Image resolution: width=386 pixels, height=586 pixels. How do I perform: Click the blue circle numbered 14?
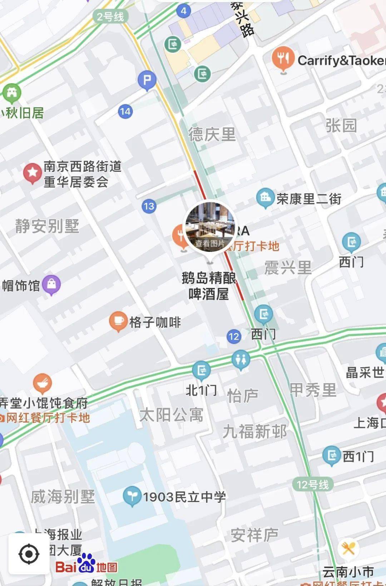[125, 111]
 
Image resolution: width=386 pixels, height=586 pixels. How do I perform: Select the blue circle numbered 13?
[149, 206]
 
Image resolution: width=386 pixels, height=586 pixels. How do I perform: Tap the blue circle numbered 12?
[234, 336]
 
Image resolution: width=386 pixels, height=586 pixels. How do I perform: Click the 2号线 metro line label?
[110, 16]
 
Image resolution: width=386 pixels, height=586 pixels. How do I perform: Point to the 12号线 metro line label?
[313, 485]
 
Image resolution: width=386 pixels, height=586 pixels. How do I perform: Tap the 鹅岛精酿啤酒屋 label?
[209, 285]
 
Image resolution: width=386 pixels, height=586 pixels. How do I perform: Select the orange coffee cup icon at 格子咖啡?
[118, 321]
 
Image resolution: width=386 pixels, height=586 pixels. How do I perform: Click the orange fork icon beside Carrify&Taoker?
[283, 59]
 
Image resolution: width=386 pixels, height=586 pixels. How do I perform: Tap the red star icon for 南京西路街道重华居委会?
[33, 173]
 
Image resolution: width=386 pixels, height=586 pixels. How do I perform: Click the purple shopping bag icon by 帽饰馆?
[51, 284]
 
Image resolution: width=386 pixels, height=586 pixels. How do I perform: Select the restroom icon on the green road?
[241, 359]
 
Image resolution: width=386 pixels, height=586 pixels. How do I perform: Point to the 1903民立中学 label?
[184, 497]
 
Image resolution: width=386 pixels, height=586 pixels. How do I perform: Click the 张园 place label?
[341, 126]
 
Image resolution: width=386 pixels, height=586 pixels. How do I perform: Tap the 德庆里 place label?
[212, 135]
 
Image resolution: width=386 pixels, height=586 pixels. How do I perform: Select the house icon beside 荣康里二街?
[265, 197]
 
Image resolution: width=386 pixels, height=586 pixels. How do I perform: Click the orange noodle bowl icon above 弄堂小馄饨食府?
[43, 383]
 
